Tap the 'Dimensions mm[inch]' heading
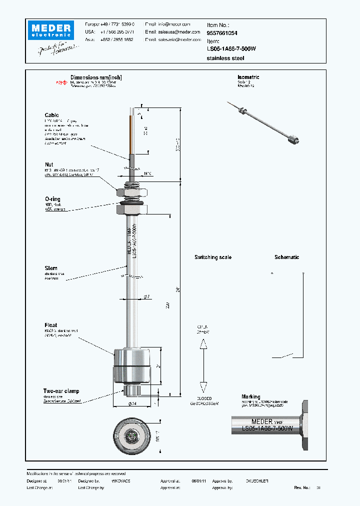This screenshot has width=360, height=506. pyautogui.click(x=96, y=78)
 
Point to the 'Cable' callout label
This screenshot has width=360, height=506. pyautogui.click(x=51, y=115)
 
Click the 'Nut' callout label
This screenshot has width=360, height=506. pyautogui.click(x=49, y=164)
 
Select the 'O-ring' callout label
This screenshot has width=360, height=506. pyautogui.click(x=52, y=199)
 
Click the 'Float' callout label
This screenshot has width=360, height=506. pyautogui.click(x=51, y=325)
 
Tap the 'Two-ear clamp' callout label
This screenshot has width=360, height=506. pyautogui.click(x=61, y=391)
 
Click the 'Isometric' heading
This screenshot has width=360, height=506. pyautogui.click(x=248, y=77)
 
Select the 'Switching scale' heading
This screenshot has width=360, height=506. pyautogui.click(x=213, y=257)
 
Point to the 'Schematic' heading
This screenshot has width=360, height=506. pyautogui.click(x=286, y=257)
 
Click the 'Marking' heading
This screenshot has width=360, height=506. pyautogui.click(x=251, y=396)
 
